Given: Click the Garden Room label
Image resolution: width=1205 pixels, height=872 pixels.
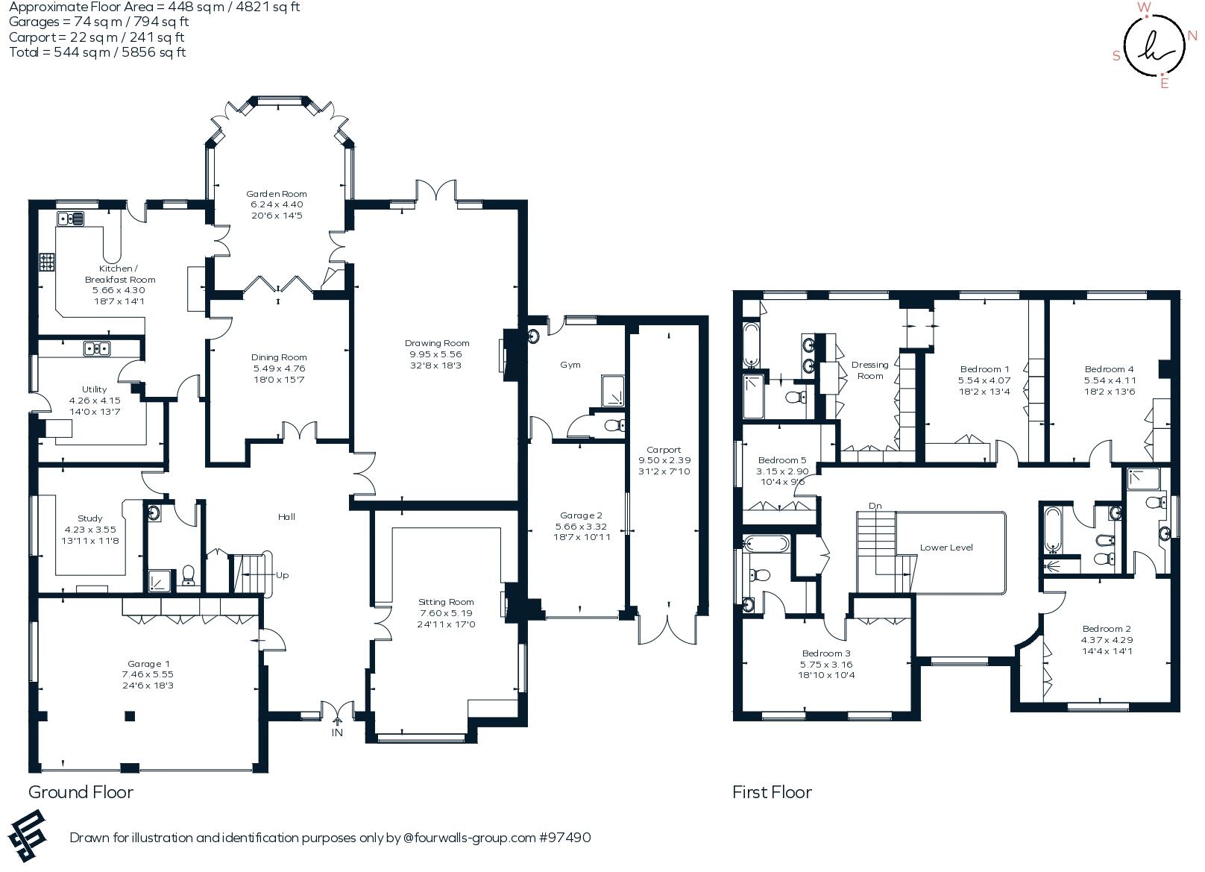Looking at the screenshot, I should pyautogui.click(x=277, y=193).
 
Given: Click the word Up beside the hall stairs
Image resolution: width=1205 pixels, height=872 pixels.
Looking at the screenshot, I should pyautogui.click(x=283, y=575).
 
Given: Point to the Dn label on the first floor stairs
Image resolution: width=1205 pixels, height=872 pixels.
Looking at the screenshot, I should pyautogui.click(x=875, y=506).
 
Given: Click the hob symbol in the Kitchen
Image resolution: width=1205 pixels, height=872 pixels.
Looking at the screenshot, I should pyautogui.click(x=47, y=262).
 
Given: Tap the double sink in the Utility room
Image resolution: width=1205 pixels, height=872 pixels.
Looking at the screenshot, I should pyautogui.click(x=98, y=348).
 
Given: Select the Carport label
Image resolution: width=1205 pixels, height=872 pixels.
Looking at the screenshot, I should pyautogui.click(x=664, y=450).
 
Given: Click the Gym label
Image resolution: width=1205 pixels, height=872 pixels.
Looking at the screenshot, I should pyautogui.click(x=570, y=365).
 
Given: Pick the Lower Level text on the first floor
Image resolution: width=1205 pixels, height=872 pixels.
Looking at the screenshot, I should pyautogui.click(x=946, y=547).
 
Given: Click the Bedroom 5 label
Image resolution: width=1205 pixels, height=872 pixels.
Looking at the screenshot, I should pyautogui.click(x=782, y=460).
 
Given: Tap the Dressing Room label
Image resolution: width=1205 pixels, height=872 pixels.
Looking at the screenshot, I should pyautogui.click(x=869, y=370).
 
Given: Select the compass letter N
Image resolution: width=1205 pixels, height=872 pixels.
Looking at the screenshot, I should pyautogui.click(x=1193, y=35).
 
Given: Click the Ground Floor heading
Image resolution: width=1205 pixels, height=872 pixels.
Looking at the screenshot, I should pyautogui.click(x=81, y=792).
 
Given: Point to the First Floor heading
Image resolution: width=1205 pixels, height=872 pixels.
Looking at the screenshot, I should pyautogui.click(x=772, y=792).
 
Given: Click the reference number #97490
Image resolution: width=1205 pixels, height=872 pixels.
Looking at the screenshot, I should pyautogui.click(x=564, y=838).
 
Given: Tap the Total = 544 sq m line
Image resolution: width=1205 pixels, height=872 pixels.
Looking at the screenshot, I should pyautogui.click(x=97, y=52).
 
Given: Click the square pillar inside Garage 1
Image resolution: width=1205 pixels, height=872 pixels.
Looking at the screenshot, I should pyautogui.click(x=130, y=716).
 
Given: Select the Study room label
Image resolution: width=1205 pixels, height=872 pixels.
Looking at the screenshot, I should pyautogui.click(x=90, y=518).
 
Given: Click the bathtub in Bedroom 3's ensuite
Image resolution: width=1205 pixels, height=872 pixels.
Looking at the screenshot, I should pyautogui.click(x=764, y=544).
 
